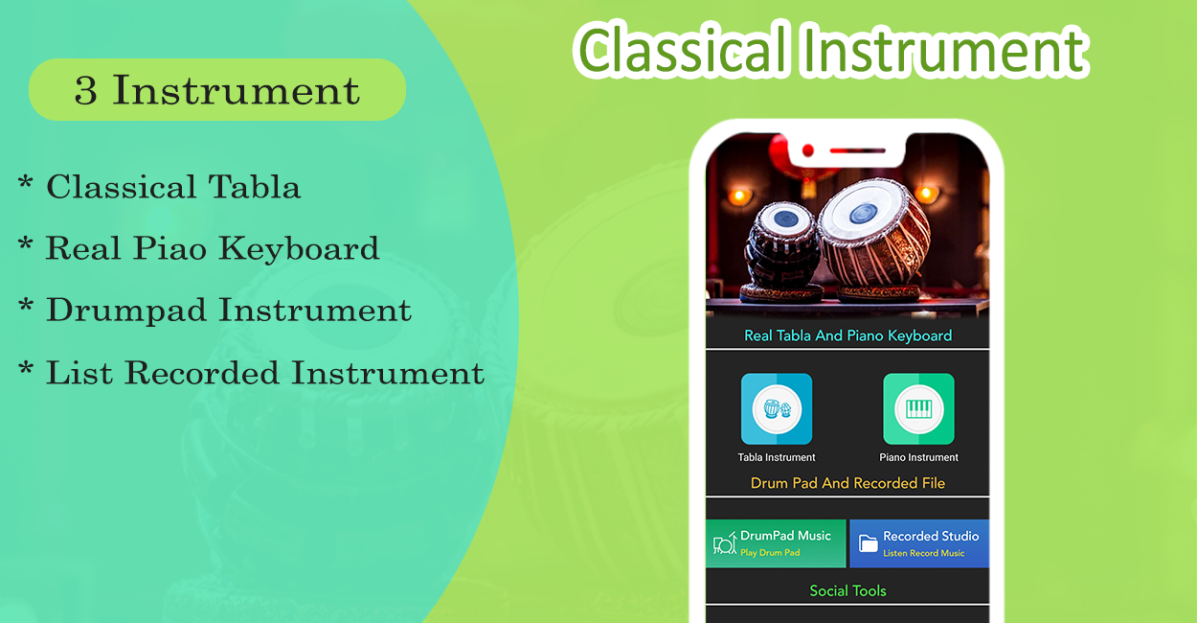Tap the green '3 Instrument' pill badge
(x=217, y=89)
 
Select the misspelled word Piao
(x=169, y=248)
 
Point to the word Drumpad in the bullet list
(x=126, y=311)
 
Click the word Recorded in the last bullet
(x=202, y=373)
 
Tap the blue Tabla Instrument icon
(x=777, y=409)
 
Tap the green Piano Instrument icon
(x=918, y=409)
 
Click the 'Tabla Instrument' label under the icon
(x=777, y=457)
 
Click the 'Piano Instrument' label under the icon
(x=918, y=457)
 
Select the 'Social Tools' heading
(x=847, y=590)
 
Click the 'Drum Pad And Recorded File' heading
(x=847, y=483)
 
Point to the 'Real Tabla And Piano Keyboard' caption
(x=848, y=335)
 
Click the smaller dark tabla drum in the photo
(x=783, y=251)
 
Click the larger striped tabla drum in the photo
(x=871, y=238)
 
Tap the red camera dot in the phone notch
(x=808, y=150)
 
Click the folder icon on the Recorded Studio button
(x=869, y=543)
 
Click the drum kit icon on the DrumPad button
(x=725, y=543)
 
